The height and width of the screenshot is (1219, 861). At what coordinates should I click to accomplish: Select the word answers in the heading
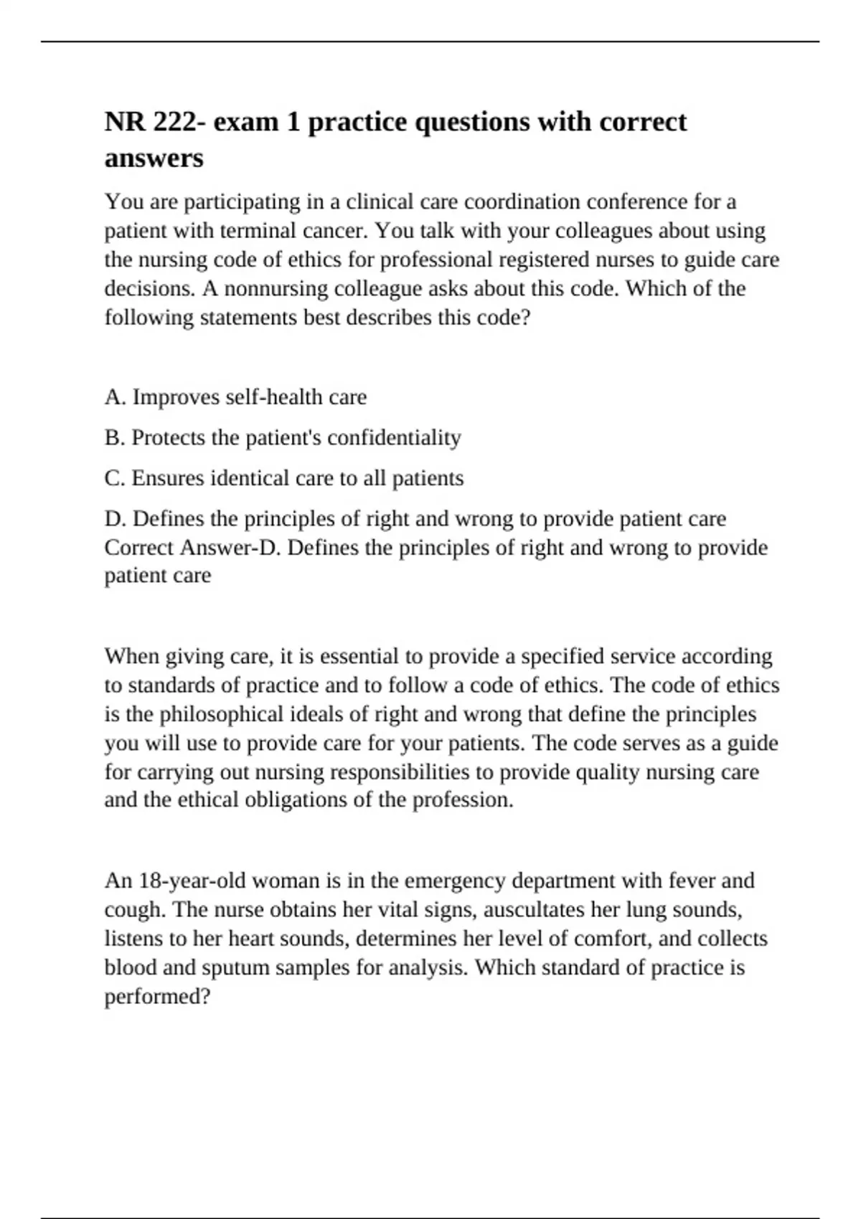click(154, 158)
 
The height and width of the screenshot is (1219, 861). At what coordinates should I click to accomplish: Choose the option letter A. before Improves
click(115, 397)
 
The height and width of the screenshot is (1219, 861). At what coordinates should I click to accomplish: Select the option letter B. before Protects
click(115, 437)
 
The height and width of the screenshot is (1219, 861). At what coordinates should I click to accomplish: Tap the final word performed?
click(157, 997)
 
